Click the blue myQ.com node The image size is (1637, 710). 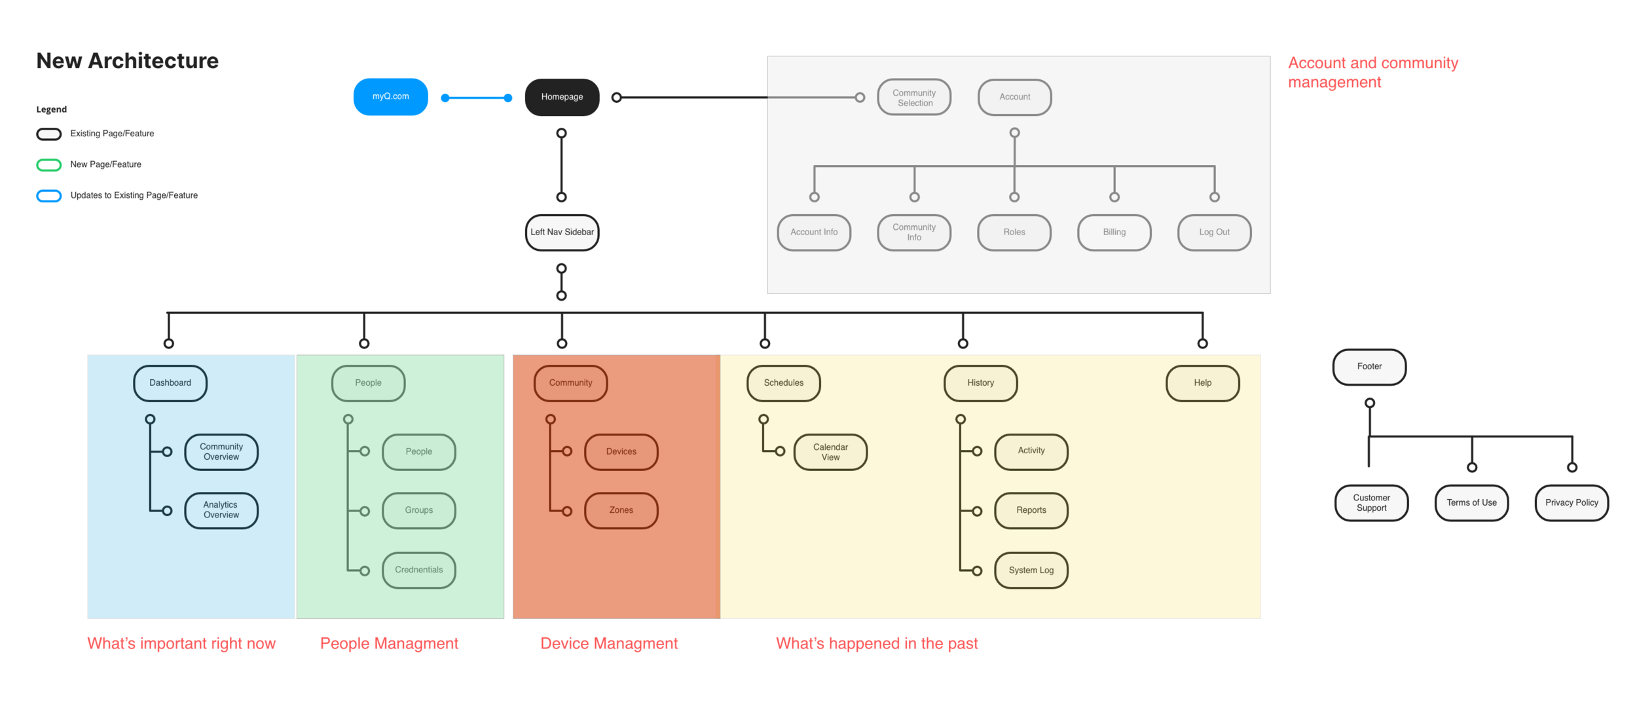click(390, 97)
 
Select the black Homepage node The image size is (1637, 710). click(562, 97)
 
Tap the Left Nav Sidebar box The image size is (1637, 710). click(562, 233)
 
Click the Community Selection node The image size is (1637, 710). click(914, 98)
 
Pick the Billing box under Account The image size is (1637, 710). click(1114, 233)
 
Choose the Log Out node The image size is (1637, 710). click(1214, 233)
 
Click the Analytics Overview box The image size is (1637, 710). click(221, 510)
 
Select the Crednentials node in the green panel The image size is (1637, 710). click(419, 570)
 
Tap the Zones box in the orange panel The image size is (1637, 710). click(621, 510)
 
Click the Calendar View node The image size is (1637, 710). click(830, 452)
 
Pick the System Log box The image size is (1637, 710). click(1031, 570)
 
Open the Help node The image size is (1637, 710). click(1202, 383)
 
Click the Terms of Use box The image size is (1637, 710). click(1471, 503)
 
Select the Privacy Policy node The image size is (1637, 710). click(1572, 503)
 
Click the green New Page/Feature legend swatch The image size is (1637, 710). click(49, 165)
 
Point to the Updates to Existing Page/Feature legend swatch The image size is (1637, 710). click(49, 196)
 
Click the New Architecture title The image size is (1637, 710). click(128, 61)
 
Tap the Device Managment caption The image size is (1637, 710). click(609, 643)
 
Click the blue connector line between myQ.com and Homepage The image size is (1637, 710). click(477, 98)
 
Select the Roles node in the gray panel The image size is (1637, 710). click(1014, 233)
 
